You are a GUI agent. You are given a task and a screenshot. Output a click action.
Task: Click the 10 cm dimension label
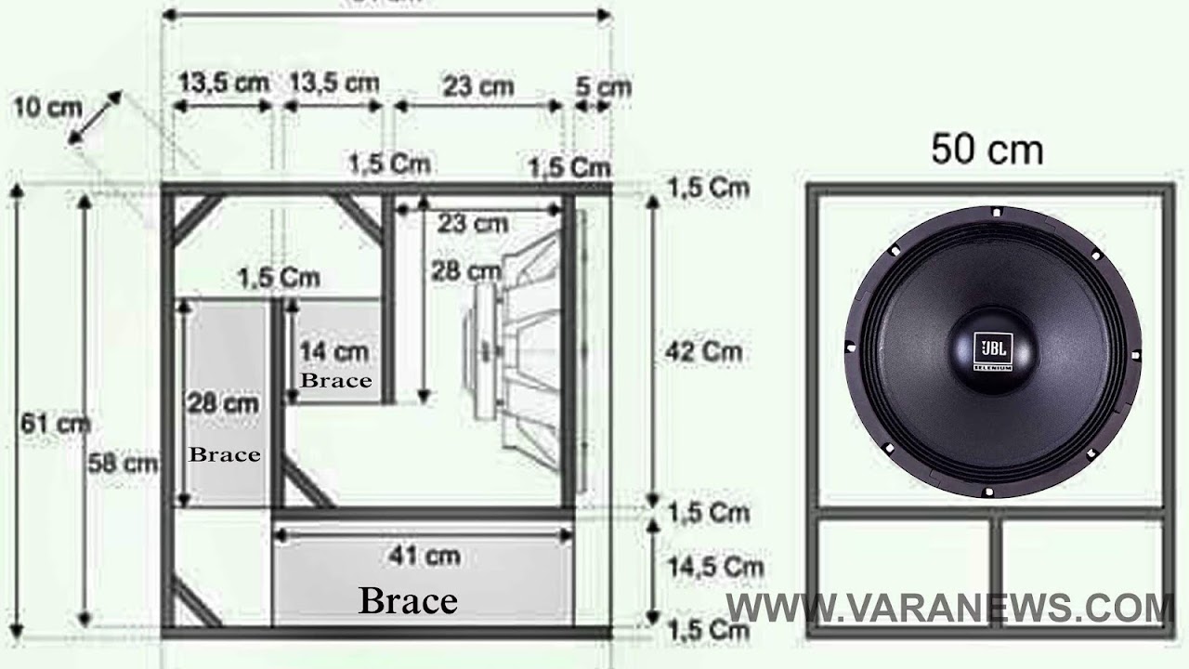[47, 108]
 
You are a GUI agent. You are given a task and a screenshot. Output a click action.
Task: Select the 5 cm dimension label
[603, 86]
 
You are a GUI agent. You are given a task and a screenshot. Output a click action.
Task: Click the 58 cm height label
[122, 462]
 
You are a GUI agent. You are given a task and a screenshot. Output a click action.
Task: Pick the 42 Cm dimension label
[705, 351]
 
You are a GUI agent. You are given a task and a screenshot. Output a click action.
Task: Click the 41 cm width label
[424, 556]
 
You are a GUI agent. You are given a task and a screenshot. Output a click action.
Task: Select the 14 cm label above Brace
[333, 352]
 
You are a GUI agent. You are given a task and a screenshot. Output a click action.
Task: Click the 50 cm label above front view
[986, 149]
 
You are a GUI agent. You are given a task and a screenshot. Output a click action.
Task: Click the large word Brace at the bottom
[408, 601]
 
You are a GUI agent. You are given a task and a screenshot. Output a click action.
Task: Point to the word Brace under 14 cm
[335, 381]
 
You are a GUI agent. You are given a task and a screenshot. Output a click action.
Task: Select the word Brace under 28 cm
[224, 455]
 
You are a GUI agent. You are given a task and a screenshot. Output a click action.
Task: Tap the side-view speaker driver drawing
[520, 353]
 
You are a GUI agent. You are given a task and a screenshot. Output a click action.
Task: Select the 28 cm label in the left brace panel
[223, 404]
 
